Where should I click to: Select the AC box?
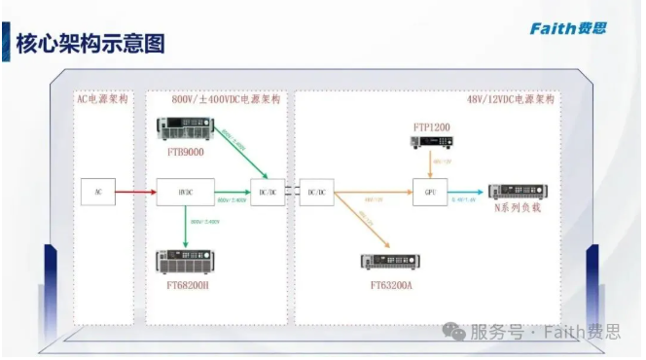click(x=98, y=192)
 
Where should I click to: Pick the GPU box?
click(x=429, y=192)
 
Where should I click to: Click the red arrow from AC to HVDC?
click(x=137, y=192)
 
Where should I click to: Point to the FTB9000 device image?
click(x=187, y=129)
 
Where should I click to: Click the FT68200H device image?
click(x=187, y=261)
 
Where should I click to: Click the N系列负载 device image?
click(x=517, y=191)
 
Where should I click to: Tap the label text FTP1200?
click(x=430, y=126)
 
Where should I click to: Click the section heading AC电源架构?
click(x=103, y=100)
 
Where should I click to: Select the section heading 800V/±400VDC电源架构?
click(x=226, y=100)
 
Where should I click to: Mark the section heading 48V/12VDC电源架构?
click(x=512, y=100)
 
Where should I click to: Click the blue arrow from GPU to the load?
click(x=465, y=192)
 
